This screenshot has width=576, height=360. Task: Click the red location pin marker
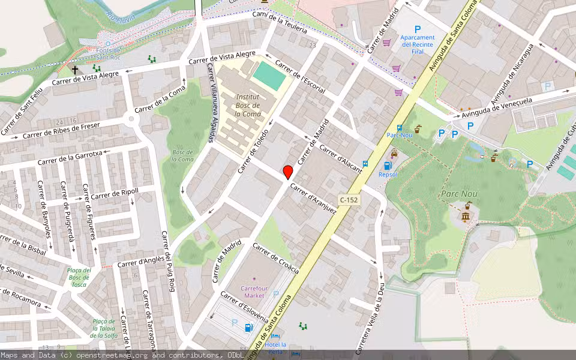tap(288, 172)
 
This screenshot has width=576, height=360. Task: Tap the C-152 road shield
tap(349, 200)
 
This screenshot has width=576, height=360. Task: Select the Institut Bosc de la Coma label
tap(247, 104)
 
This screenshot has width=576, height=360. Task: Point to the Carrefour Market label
tap(253, 292)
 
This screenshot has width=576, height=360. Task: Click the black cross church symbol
tap(75, 70)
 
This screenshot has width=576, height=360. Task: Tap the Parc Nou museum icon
tap(465, 215)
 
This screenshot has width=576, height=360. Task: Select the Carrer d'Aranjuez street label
tap(313, 198)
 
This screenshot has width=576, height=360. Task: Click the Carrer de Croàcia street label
tap(276, 258)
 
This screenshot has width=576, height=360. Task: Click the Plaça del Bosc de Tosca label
tap(79, 277)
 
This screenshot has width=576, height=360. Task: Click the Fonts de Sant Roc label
tap(109, 53)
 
